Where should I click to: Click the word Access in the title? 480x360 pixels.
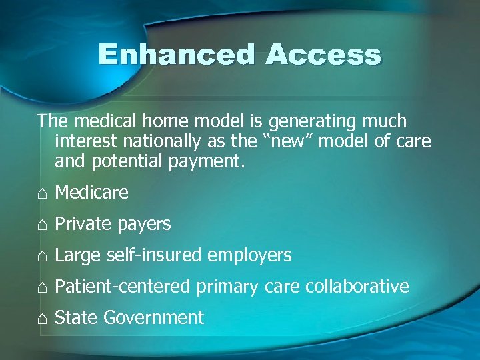(323, 55)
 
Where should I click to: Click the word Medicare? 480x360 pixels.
(91, 193)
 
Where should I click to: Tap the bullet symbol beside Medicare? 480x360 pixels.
(42, 193)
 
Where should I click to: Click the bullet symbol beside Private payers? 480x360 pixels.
(42, 225)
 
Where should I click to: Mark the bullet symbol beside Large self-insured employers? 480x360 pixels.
(42, 256)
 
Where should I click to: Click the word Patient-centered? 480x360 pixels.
(123, 287)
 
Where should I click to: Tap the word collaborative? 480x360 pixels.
(357, 287)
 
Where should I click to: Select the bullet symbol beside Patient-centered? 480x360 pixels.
(42, 287)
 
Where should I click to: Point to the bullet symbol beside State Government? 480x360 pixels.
(42, 319)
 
